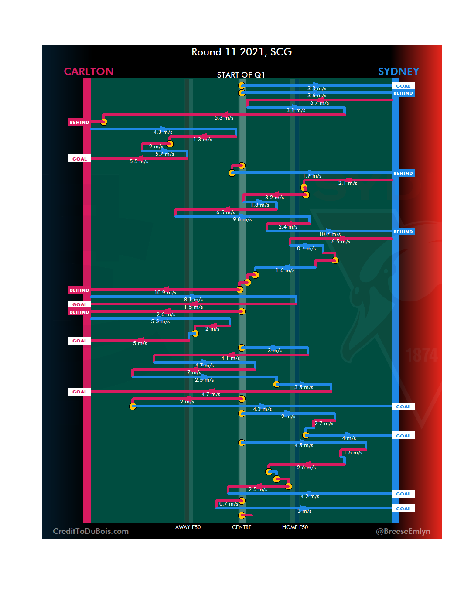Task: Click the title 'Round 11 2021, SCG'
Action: [242, 52]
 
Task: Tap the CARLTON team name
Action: [89, 72]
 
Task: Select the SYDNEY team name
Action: [398, 72]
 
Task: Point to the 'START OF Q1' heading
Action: [241, 75]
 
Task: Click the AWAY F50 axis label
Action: [188, 527]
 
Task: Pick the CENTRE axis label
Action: [242, 527]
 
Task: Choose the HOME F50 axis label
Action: [295, 527]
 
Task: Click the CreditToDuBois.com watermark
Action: [91, 531]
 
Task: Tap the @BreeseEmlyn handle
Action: [403, 531]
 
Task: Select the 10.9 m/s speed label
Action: [165, 293]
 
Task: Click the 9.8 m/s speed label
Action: [242, 219]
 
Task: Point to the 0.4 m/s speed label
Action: [306, 249]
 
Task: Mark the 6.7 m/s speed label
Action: [319, 103]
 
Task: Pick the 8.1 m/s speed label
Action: [193, 300]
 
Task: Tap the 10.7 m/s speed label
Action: [329, 234]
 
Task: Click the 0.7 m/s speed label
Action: [229, 504]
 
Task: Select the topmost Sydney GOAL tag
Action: [403, 86]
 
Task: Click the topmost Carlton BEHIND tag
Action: [79, 122]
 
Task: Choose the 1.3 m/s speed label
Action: [202, 140]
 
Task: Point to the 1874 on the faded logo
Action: [421, 355]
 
